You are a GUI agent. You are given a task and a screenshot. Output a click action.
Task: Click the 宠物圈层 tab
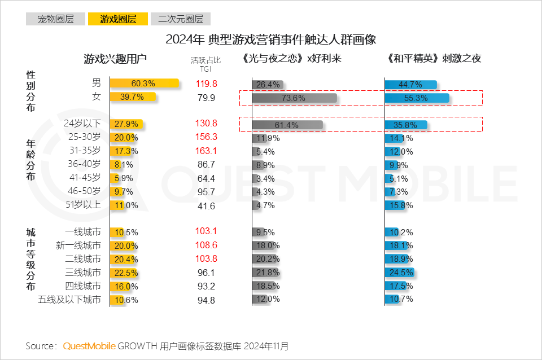click(x=55, y=19)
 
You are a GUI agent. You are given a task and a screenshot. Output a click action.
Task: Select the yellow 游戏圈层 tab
click(x=118, y=19)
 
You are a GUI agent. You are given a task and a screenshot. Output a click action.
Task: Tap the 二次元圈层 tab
click(x=181, y=19)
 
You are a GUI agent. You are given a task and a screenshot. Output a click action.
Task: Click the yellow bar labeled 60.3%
click(x=144, y=84)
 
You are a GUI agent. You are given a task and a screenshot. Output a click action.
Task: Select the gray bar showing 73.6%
click(x=294, y=98)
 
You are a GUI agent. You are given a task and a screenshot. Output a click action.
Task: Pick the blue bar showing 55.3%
click(x=417, y=98)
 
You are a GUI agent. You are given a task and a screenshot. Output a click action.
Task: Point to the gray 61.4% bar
click(x=287, y=125)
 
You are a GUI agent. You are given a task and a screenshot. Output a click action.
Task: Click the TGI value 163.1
click(x=206, y=151)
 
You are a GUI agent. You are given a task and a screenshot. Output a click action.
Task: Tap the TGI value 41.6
click(x=206, y=206)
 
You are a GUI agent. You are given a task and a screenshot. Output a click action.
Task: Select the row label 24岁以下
click(x=82, y=123)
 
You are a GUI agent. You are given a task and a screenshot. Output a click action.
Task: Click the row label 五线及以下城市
click(x=69, y=300)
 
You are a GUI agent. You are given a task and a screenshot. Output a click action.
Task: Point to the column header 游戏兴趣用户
click(x=115, y=59)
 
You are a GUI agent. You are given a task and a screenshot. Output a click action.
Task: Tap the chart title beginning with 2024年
click(x=270, y=40)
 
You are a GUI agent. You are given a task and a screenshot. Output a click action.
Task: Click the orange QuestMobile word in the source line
click(x=89, y=345)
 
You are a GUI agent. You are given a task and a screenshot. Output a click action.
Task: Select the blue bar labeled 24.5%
click(x=400, y=273)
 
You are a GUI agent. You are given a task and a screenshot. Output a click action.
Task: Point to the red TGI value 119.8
click(x=206, y=84)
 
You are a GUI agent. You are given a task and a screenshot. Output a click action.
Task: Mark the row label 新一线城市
click(x=78, y=245)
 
